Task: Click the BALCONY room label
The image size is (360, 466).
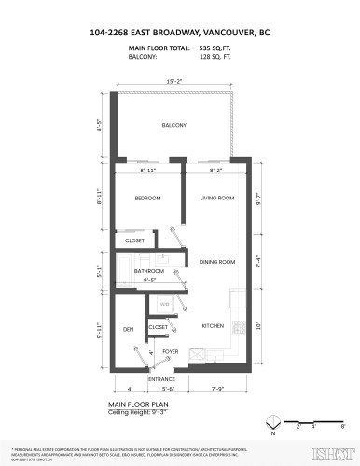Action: (174, 125)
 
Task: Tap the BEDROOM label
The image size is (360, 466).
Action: (147, 199)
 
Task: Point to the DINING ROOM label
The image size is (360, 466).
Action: (216, 263)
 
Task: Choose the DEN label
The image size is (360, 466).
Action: (129, 329)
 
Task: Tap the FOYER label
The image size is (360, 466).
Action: (170, 351)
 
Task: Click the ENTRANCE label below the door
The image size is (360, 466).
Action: (162, 380)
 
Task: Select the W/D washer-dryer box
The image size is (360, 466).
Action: (163, 304)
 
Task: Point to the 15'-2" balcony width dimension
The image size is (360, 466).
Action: (174, 81)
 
